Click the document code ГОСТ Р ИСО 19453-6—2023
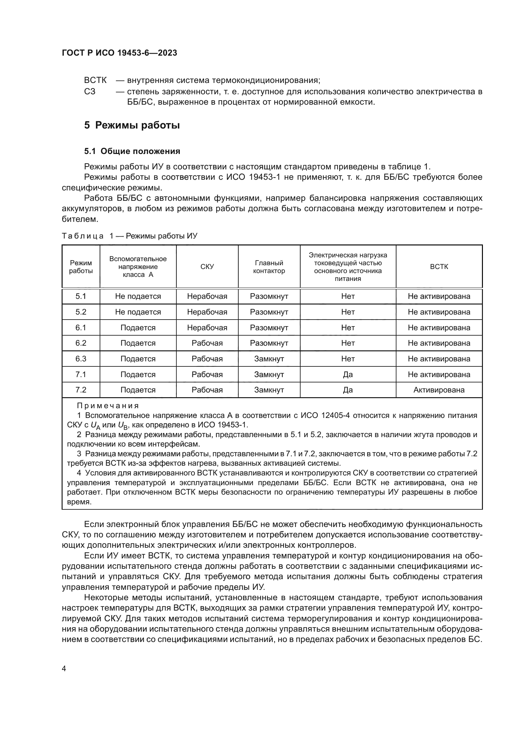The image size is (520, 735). tap(119, 53)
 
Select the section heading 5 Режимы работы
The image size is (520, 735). tap(132, 125)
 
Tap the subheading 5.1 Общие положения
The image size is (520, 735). tap(132, 151)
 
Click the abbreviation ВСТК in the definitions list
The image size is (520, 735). tap(96, 80)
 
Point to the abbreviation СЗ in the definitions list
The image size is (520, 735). tap(90, 91)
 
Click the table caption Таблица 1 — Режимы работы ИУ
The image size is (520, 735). tap(130, 236)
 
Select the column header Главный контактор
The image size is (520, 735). tap(269, 267)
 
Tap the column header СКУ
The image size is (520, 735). tap(207, 267)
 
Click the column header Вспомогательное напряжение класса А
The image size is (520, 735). tap(138, 267)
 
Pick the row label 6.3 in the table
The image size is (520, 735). tap(81, 359)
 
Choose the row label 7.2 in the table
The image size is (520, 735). tap(81, 390)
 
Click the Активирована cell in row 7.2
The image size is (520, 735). tap(439, 390)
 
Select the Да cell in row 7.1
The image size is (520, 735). tap(348, 374)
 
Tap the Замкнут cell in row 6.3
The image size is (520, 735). tap(269, 359)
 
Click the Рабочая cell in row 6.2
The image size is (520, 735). tap(207, 343)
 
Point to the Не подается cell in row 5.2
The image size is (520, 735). tap(138, 312)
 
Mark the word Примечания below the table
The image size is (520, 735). tap(108, 406)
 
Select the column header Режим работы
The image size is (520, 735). tap(81, 267)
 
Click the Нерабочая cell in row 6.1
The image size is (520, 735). tap(207, 327)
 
